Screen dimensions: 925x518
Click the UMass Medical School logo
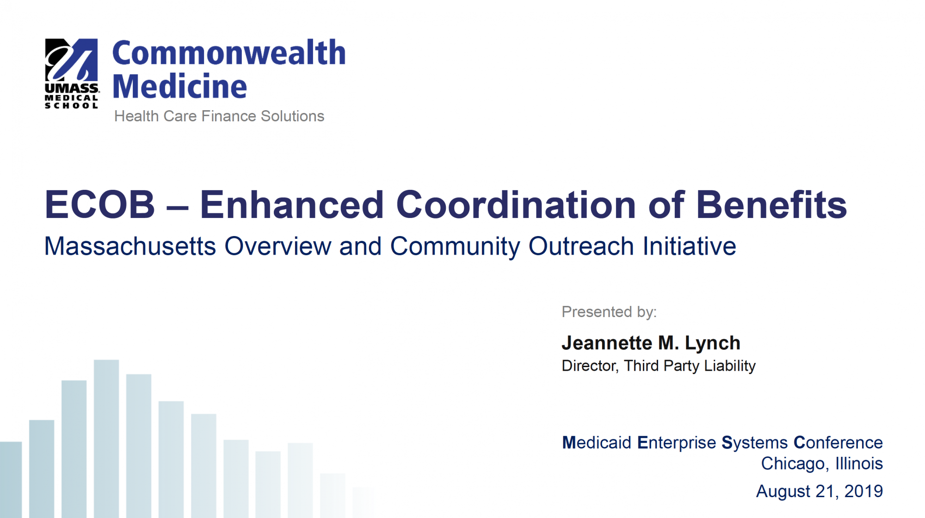pos(71,74)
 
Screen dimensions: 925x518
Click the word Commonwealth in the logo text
pos(229,53)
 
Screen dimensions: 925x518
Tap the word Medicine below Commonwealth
pos(179,86)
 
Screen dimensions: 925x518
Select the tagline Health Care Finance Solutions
pos(219,116)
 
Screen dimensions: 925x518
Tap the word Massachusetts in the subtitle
pos(130,246)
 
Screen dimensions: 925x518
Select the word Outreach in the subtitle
pos(581,246)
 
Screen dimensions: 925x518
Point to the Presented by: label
pos(609,312)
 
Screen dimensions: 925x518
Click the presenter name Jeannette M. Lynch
pos(651,343)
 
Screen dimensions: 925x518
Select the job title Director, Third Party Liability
pos(659,366)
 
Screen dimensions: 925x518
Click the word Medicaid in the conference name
pos(597,443)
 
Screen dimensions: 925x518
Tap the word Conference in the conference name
pos(838,443)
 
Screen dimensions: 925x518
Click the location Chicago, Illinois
pos(822,463)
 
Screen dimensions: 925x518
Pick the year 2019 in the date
pos(863,491)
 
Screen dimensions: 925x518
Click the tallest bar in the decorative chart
pos(106,438)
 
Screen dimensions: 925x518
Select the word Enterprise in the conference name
pos(677,443)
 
